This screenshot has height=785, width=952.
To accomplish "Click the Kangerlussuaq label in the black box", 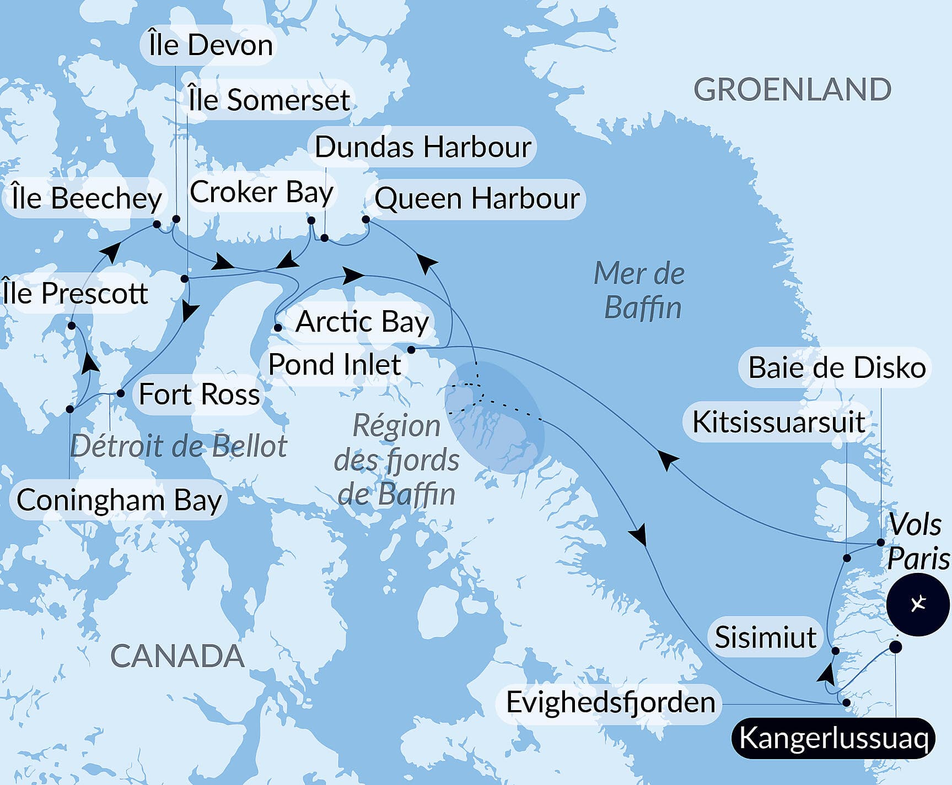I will [x=833, y=738].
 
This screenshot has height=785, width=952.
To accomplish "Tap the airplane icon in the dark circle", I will [x=918, y=604].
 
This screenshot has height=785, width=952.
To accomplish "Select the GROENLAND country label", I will [x=792, y=90].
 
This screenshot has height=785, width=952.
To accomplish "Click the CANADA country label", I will [x=177, y=656].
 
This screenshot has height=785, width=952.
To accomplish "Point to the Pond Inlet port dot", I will [x=411, y=350].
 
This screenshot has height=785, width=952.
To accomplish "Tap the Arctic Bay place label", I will [x=362, y=322].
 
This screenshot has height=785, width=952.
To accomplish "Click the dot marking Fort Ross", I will [x=121, y=393].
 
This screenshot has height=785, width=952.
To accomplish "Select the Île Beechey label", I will [x=87, y=198].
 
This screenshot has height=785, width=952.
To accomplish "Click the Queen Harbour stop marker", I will [x=365, y=219].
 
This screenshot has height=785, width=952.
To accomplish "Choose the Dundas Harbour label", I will [x=423, y=147].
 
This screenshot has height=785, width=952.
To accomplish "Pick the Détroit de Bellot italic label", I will [x=179, y=446].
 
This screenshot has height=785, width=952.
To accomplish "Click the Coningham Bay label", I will [x=119, y=500].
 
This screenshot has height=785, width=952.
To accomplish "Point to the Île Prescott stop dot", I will [x=72, y=326].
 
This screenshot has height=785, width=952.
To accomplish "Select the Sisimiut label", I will [x=765, y=637].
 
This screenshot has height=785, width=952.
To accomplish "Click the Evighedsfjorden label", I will [x=610, y=702].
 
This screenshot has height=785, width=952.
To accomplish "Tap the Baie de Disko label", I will [x=836, y=367].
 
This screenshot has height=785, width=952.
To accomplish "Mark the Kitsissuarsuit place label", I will [x=778, y=423].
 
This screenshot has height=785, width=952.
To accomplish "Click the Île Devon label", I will [x=211, y=45].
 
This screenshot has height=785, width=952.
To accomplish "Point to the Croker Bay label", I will [x=261, y=192].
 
